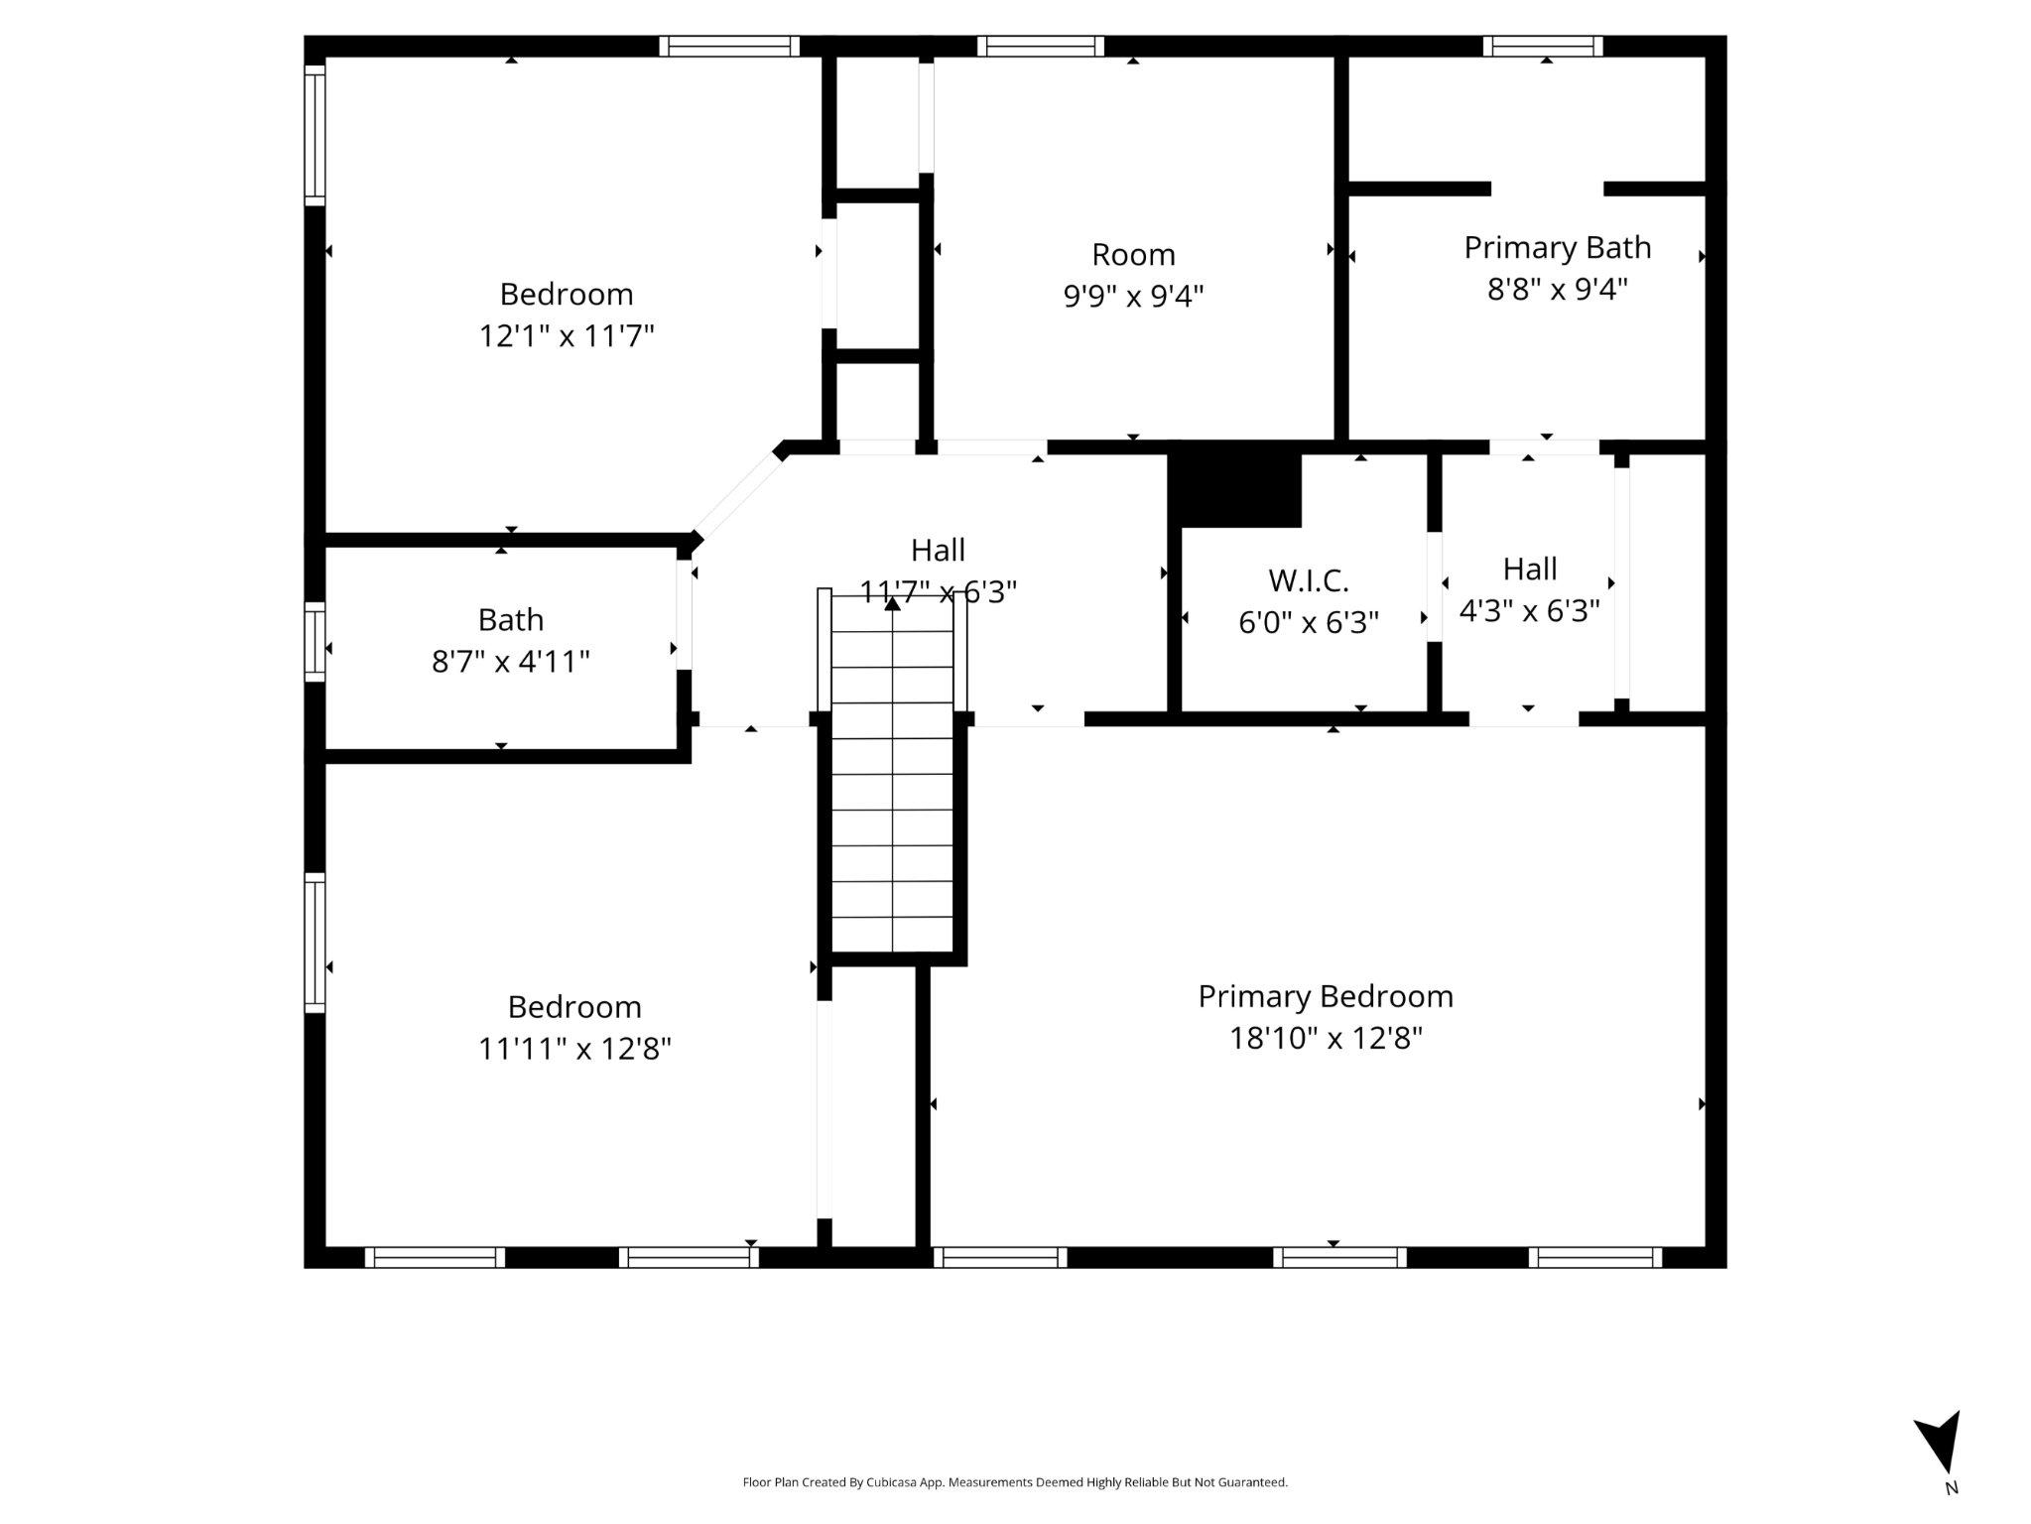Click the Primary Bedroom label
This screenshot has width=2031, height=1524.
pos(1325,996)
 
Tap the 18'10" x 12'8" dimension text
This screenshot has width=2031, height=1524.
pos(1326,1039)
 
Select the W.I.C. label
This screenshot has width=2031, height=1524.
pos(1308,580)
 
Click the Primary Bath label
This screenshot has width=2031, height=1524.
pos(1557,248)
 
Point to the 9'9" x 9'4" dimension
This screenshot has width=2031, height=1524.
pos(1133,296)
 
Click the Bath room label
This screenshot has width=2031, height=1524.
pos(510,620)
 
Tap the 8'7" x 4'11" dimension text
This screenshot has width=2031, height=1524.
pos(510,662)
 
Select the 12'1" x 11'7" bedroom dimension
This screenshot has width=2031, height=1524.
pos(567,336)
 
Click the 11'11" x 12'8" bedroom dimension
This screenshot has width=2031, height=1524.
pos(574,1049)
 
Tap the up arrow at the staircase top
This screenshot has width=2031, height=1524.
pos(892,602)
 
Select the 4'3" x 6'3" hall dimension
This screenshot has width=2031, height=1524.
pos(1529,611)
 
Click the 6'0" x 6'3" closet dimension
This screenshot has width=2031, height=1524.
pos(1308,623)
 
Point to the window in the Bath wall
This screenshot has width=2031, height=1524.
pos(315,642)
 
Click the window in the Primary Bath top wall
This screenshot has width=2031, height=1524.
pos(1542,47)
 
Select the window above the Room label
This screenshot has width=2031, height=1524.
pos(1040,47)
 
